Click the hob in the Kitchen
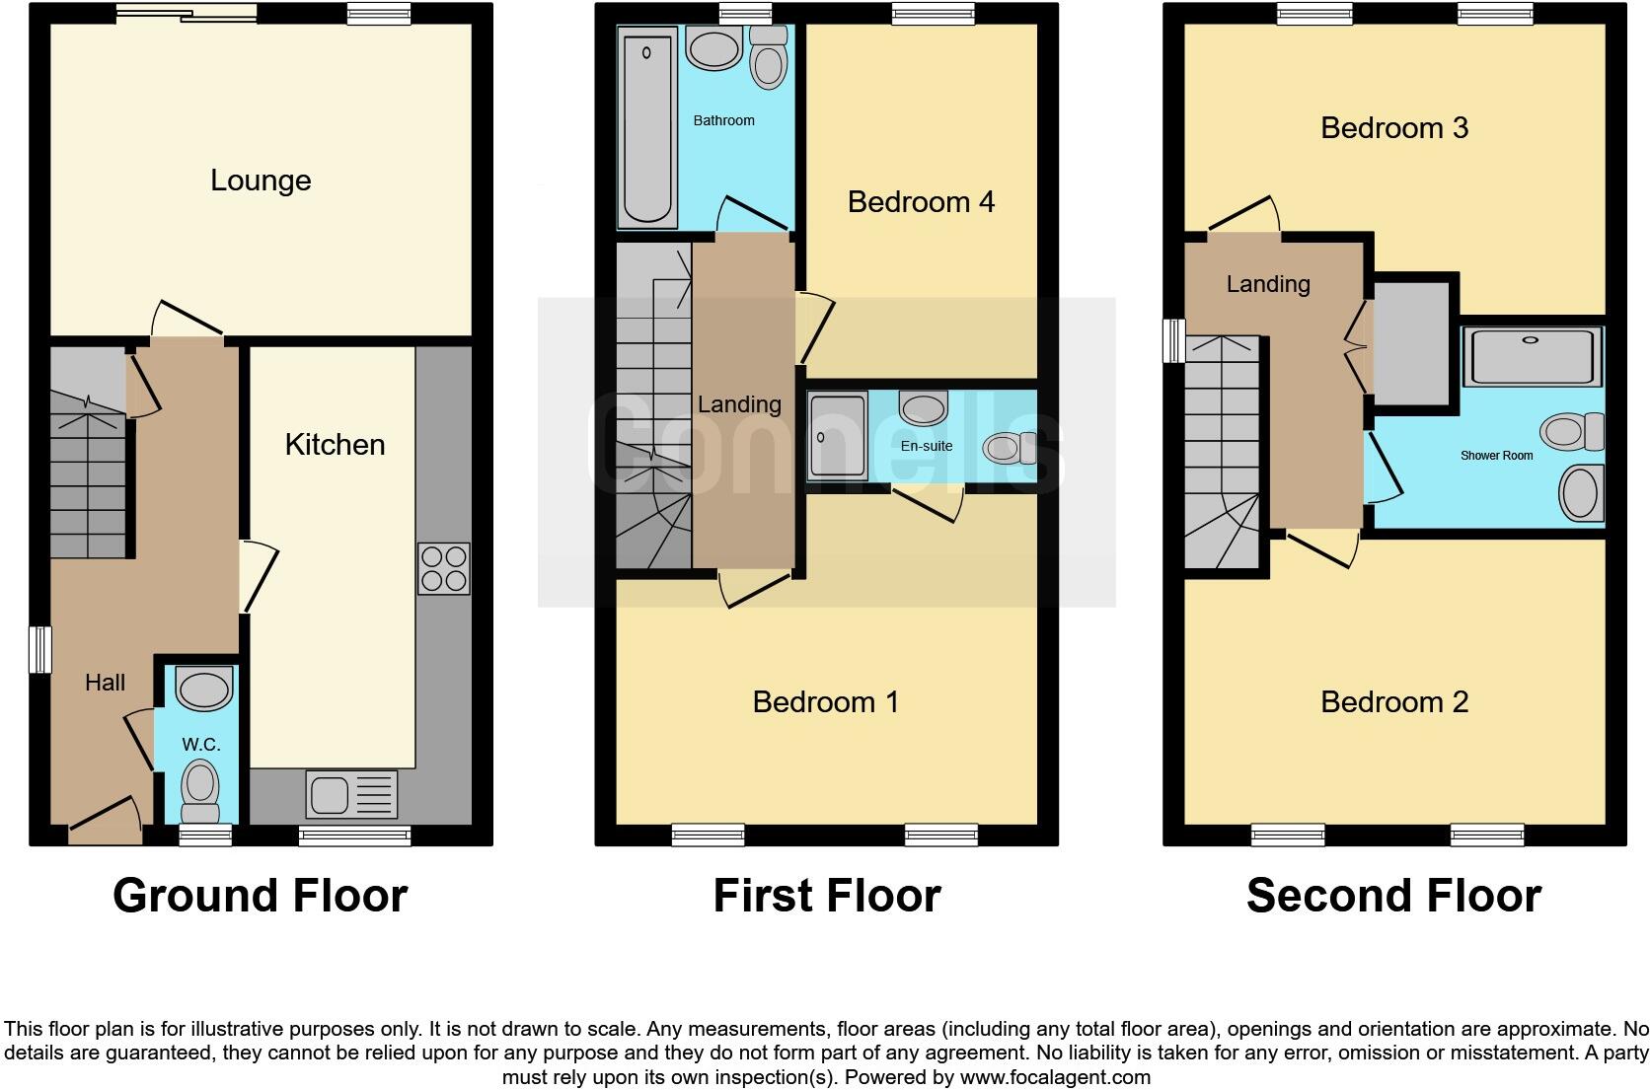[x=443, y=569]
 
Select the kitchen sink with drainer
[x=351, y=794]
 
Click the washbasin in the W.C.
[x=203, y=688]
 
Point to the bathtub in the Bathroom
[x=647, y=127]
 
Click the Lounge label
[x=261, y=181]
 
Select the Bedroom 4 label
[x=921, y=202]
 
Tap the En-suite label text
[x=927, y=446]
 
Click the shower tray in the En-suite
[x=837, y=436]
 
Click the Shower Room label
[x=1496, y=456]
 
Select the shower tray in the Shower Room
[x=1532, y=356]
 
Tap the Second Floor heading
[x=1393, y=896]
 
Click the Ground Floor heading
[x=261, y=896]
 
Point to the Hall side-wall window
[x=39, y=649]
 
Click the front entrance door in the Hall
[x=105, y=821]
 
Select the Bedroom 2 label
[x=1393, y=702]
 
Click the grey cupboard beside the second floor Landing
[x=1410, y=342]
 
